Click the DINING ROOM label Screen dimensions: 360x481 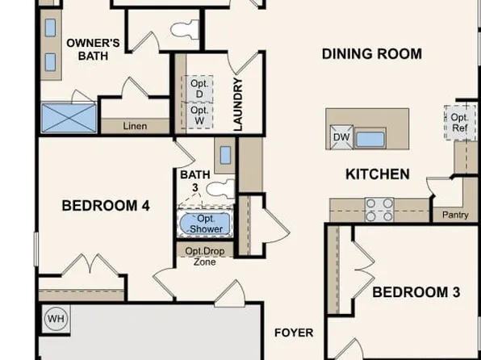pyautogui.click(x=371, y=54)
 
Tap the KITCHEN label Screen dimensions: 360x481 pyautogui.click(x=377, y=174)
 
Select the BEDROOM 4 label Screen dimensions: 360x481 pyautogui.click(x=106, y=206)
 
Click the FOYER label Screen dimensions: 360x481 pyautogui.click(x=294, y=333)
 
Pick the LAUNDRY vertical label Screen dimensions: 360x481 pyautogui.click(x=238, y=104)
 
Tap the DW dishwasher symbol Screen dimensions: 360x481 pyautogui.click(x=341, y=138)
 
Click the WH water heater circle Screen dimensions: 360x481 pyautogui.click(x=56, y=318)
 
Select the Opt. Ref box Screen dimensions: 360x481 pyautogui.click(x=458, y=123)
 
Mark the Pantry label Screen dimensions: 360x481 pyautogui.click(x=455, y=215)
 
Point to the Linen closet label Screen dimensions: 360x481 pyautogui.click(x=135, y=126)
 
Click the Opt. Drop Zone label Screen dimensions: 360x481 pyautogui.click(x=205, y=255)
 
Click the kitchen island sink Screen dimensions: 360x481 pyautogui.click(x=370, y=138)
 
